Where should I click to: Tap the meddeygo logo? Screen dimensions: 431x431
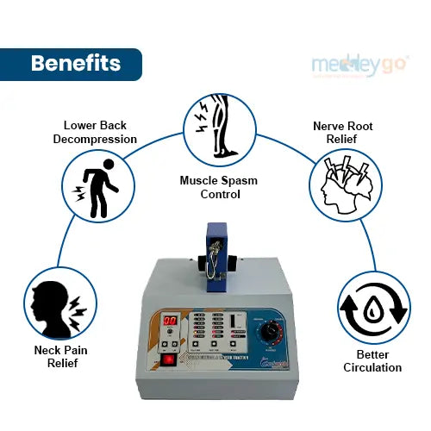(x=359, y=66)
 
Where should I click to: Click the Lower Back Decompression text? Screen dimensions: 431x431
(x=95, y=133)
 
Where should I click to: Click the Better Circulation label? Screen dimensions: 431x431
(x=372, y=360)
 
